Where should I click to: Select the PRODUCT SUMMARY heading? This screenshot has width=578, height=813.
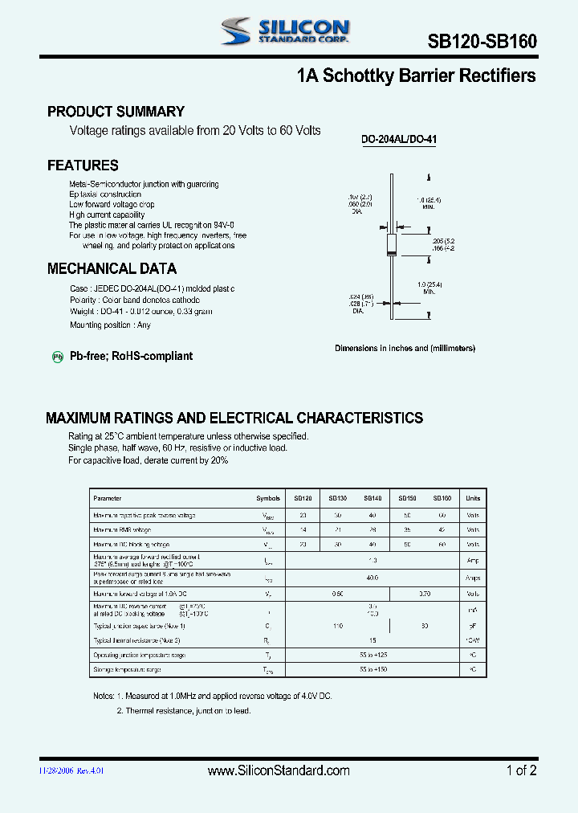coord(116,112)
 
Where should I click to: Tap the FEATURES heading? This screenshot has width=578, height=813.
coord(83,165)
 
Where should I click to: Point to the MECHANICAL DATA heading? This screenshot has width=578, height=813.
coord(112,269)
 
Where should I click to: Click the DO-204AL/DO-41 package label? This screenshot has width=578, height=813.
coord(399,139)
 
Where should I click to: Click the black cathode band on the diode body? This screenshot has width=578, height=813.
coord(392,254)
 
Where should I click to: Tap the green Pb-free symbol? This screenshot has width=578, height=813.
coord(58,357)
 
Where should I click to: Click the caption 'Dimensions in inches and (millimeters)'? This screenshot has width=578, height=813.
coord(405,349)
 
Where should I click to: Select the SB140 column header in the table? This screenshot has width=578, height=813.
coord(372,498)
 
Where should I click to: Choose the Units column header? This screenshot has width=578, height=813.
coord(473,498)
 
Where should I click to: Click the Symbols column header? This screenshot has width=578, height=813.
coord(268,498)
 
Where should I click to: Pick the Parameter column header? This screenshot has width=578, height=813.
coord(108,498)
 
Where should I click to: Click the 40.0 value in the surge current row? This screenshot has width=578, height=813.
coord(372,578)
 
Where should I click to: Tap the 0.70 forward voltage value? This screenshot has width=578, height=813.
coord(425,594)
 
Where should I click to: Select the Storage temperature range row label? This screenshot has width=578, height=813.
coord(127,669)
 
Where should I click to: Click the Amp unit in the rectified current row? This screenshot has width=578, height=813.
coord(473,560)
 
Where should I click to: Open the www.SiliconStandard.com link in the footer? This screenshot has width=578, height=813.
coord(279,770)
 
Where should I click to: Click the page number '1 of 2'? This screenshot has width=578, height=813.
coord(521,770)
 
